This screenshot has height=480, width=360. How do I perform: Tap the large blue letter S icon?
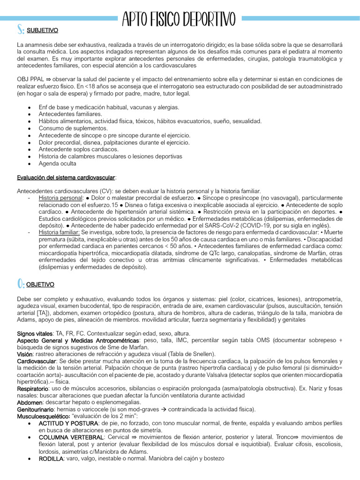pyautogui.click(x=21, y=30)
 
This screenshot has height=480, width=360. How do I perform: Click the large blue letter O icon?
pyautogui.click(x=21, y=284)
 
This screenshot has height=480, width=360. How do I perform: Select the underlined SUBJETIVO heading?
pyautogui.click(x=43, y=30)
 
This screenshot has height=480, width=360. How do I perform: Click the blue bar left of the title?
pyautogui.click(x=59, y=18)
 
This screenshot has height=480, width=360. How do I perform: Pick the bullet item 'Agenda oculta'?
pyautogui.click(x=57, y=164)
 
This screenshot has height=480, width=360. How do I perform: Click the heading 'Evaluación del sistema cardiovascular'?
pyautogui.click(x=66, y=178)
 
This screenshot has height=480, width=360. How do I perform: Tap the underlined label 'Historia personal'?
pyautogui.click(x=60, y=198)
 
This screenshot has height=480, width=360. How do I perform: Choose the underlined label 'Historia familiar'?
pyautogui.click(x=60, y=232)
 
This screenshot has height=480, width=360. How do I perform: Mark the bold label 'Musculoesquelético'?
pyautogui.click(x=43, y=416)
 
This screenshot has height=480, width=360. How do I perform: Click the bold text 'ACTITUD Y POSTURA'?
pyautogui.click(x=68, y=423)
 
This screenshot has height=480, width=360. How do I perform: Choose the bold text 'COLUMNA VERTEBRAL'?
pyautogui.click(x=71, y=437)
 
